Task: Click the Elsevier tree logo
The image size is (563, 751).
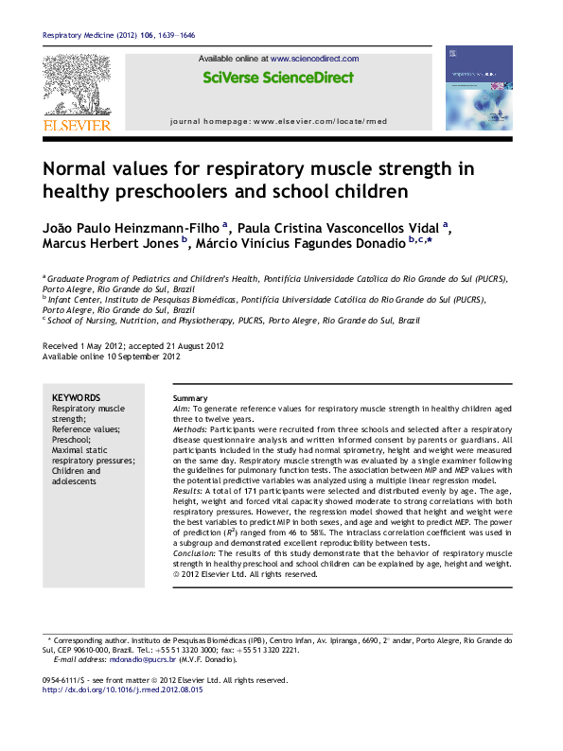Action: (x=77, y=86)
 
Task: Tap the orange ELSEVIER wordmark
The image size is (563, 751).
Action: (x=77, y=125)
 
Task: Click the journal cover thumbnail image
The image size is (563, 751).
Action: (x=479, y=88)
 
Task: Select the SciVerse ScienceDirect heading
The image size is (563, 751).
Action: (x=279, y=78)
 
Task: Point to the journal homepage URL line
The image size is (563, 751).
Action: (x=278, y=122)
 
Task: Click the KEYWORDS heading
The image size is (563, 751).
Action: (x=76, y=397)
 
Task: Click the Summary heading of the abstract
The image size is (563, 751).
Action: (x=189, y=397)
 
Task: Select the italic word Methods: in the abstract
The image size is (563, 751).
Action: (x=191, y=429)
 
